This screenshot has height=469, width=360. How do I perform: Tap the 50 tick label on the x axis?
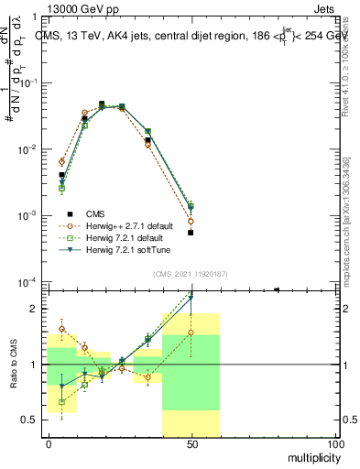pos(191,444)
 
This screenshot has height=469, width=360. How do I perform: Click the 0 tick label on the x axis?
pos(49,444)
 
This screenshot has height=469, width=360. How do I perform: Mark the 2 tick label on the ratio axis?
pos(38,309)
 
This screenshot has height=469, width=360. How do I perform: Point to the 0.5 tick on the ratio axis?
pos(34,420)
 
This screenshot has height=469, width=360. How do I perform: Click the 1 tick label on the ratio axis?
pos(38,365)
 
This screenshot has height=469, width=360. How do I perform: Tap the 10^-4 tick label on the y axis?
pos(31,281)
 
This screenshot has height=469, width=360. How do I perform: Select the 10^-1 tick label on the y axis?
pos(31,82)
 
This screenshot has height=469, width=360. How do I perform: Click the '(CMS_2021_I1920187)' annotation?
pos(191,273)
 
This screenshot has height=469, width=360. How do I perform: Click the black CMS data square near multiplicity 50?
pos(191,233)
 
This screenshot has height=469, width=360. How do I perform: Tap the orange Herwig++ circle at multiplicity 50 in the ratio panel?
pos(191,333)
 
